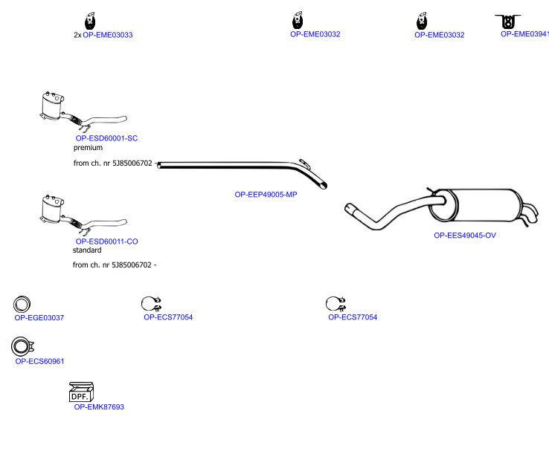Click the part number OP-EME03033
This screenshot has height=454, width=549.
(107, 35)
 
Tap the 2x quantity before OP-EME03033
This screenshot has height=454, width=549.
(77, 35)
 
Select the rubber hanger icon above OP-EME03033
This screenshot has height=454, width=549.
(90, 21)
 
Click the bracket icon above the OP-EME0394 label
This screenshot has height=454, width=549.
(507, 22)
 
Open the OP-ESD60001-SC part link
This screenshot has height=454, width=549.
(107, 138)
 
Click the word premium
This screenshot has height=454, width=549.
(88, 148)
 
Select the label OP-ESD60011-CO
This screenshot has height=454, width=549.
(107, 241)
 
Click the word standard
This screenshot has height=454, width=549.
(87, 250)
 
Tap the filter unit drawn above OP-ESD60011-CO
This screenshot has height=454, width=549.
(83, 215)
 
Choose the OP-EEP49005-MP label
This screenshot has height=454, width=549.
(266, 195)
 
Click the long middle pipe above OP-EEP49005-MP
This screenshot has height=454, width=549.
(242, 166)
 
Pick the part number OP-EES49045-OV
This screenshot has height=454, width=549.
(465, 236)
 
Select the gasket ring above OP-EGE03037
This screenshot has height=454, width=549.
(22, 305)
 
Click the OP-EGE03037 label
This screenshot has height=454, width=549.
(39, 317)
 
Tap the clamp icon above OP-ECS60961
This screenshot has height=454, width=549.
(22, 346)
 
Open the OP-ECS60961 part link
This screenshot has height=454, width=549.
(39, 361)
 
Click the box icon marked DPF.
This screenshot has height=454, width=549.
(81, 392)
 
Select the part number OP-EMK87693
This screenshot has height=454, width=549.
(99, 406)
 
